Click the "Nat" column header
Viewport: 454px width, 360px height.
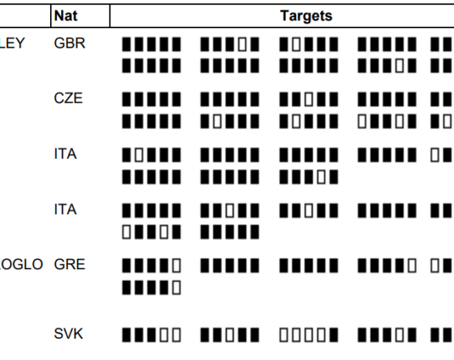pos(66,16)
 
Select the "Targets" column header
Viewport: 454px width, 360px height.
pos(306,16)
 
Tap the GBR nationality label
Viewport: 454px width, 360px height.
pos(70,43)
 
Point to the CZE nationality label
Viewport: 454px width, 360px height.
pos(68,99)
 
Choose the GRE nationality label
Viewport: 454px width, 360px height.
pos(70,265)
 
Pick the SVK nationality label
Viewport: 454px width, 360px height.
pos(69,333)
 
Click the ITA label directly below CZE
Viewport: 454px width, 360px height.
pos(66,154)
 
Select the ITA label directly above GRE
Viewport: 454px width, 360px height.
pos(66,210)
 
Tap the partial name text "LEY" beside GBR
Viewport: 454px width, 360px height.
pos(13,43)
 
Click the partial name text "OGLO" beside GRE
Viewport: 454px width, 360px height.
pos(21,265)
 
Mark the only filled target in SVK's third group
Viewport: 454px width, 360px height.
pos(333,335)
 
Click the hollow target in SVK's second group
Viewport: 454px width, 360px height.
pos(229,335)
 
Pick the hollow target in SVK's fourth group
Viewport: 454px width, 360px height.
pos(399,335)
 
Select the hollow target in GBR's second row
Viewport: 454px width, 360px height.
pos(399,66)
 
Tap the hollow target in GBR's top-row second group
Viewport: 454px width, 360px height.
pos(242,45)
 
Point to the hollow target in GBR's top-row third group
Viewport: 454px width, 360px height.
pos(296,45)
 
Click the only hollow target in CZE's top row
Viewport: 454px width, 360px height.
pos(308,99)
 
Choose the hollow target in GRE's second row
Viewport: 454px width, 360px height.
pos(177,288)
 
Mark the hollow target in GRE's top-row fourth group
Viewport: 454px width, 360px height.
pos(413,265)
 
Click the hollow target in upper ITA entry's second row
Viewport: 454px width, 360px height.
pos(321,177)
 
